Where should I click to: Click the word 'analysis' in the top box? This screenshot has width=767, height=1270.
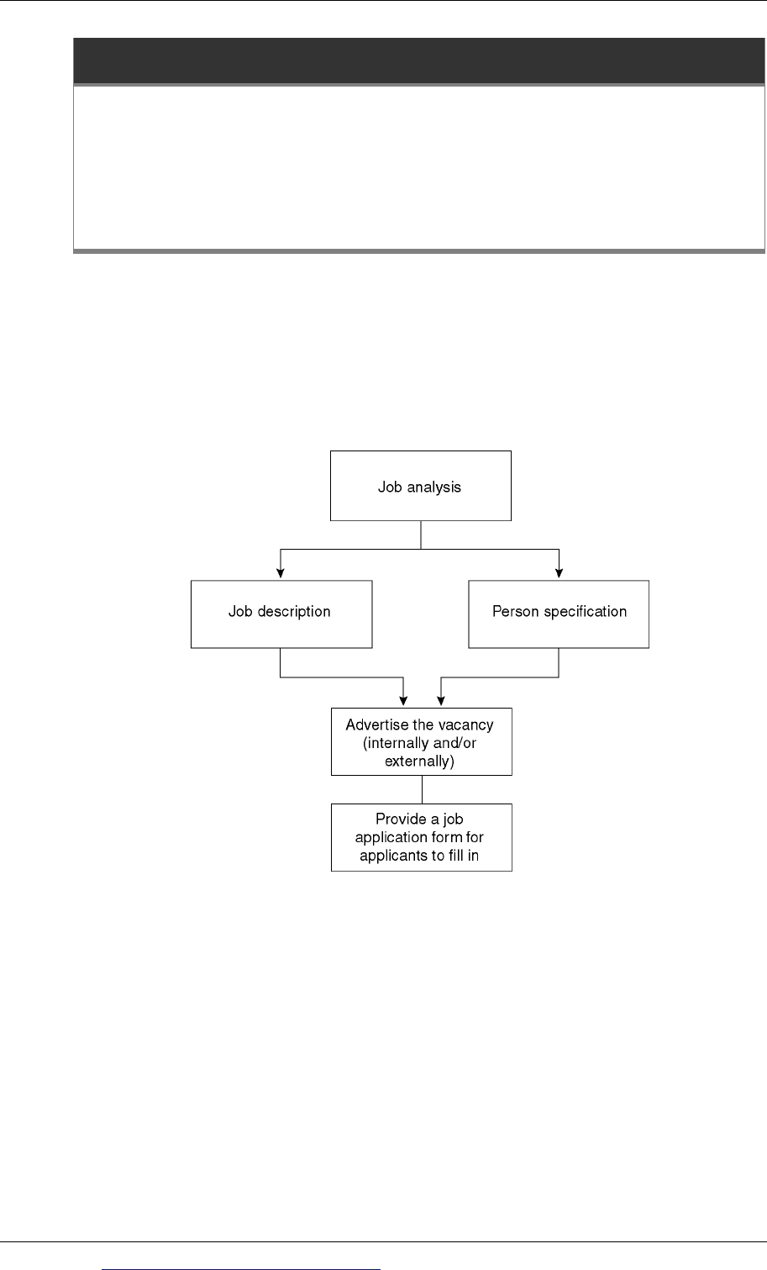pos(433,487)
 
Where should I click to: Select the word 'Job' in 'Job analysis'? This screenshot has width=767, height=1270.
pos(390,487)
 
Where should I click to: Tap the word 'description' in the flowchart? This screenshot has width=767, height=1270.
pos(294,612)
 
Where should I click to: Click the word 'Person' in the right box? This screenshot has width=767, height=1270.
pos(515,611)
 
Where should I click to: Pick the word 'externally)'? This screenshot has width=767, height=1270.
pos(419,761)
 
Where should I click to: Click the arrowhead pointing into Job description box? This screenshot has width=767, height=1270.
pos(280,573)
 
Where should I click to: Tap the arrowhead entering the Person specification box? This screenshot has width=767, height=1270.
pos(559,573)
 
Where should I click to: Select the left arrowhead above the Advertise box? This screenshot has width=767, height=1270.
pos(403,701)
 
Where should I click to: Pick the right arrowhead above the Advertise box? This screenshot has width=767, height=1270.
pos(440,701)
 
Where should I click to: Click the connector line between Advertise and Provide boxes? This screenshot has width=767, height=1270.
pos(422,790)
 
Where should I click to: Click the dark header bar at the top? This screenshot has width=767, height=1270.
pos(419,61)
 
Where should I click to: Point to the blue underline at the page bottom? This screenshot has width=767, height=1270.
pos(241,1269)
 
